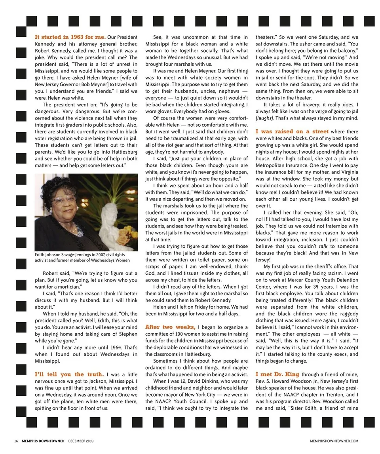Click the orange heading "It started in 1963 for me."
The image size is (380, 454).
70,37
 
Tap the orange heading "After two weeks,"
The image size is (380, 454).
170,327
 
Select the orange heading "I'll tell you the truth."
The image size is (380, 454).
69,374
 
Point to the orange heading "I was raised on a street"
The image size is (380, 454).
292,131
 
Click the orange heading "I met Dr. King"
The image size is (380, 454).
277,374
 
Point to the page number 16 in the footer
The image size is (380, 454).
16,441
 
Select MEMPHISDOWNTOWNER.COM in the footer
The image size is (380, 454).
334,441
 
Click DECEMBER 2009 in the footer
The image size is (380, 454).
81,441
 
